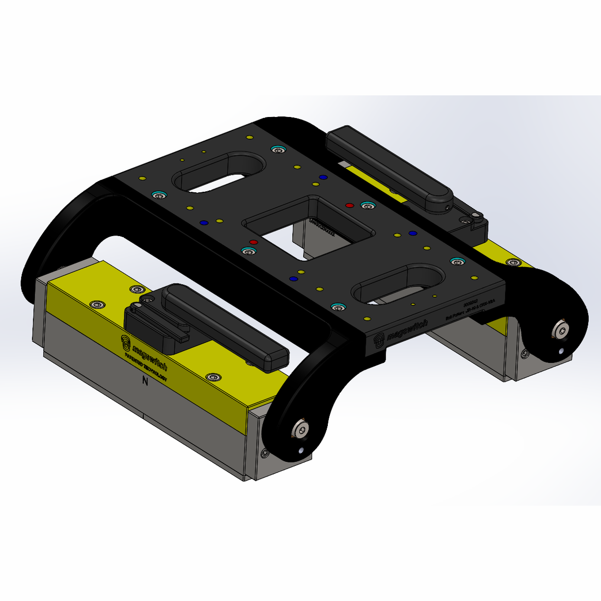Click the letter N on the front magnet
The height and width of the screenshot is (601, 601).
tap(145, 382)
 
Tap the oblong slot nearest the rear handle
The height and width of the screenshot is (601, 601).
tap(219, 171)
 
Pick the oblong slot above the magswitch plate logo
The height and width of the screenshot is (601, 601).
tap(397, 283)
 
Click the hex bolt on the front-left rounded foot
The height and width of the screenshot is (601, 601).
tap(300, 429)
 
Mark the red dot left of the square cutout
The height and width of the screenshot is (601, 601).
tap(253, 242)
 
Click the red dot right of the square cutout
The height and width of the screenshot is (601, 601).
tap(349, 205)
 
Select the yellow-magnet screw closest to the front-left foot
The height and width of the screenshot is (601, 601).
tap(211, 377)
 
